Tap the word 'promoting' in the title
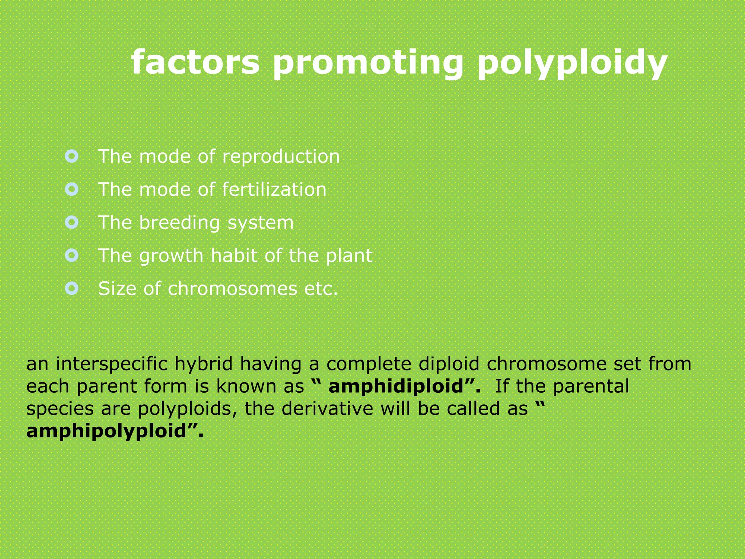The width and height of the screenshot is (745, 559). [x=368, y=63]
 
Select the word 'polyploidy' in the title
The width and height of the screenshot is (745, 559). [x=572, y=63]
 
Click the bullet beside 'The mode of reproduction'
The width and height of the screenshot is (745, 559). [x=72, y=156]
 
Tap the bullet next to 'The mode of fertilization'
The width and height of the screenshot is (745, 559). [x=72, y=189]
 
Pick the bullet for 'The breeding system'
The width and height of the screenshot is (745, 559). [x=72, y=222]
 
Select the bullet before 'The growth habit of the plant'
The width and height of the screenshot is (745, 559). [x=72, y=255]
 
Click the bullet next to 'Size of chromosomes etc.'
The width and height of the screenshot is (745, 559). [x=72, y=289]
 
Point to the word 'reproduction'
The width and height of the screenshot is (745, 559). [x=281, y=157]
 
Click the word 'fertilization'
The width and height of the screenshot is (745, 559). [x=274, y=190]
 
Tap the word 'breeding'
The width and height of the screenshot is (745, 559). [x=179, y=223]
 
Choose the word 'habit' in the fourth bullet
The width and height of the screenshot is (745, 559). [x=234, y=255]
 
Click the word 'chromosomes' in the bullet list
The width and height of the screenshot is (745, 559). [x=233, y=289]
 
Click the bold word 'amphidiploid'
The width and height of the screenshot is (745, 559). [x=396, y=386]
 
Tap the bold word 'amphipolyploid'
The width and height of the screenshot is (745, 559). [x=106, y=431]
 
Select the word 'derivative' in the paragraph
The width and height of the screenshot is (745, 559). [x=327, y=409]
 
